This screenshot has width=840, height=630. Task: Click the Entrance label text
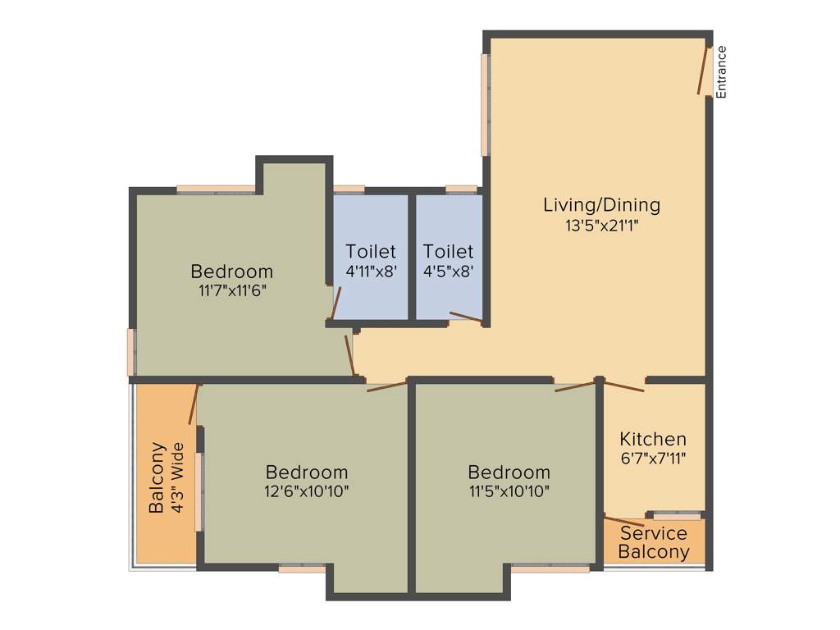pyautogui.click(x=722, y=72)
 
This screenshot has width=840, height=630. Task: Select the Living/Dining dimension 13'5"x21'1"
pyautogui.click(x=601, y=226)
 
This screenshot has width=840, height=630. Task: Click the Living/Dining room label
pyautogui.click(x=601, y=205)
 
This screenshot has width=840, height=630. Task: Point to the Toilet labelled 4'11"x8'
pyautogui.click(x=371, y=260)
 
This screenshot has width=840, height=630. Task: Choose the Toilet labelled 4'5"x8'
pyautogui.click(x=448, y=260)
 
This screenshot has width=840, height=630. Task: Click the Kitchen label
pyautogui.click(x=653, y=439)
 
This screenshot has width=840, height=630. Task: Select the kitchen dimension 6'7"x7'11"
pyautogui.click(x=653, y=459)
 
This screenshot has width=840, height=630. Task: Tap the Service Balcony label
pyautogui.click(x=654, y=543)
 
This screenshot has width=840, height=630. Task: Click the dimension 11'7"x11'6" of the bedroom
pyautogui.click(x=231, y=290)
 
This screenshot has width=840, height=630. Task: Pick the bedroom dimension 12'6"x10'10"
pyautogui.click(x=307, y=491)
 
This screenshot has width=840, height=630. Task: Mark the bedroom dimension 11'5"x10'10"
pyautogui.click(x=509, y=491)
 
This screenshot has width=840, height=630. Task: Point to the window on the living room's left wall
pyautogui.click(x=486, y=104)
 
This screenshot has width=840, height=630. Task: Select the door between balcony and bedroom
pyautogui.click(x=194, y=404)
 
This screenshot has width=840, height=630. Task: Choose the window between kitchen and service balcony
pyautogui.click(x=678, y=516)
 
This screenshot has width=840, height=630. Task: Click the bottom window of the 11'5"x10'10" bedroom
pyautogui.click(x=550, y=568)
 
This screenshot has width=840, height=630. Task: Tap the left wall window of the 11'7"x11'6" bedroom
pyautogui.click(x=131, y=352)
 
